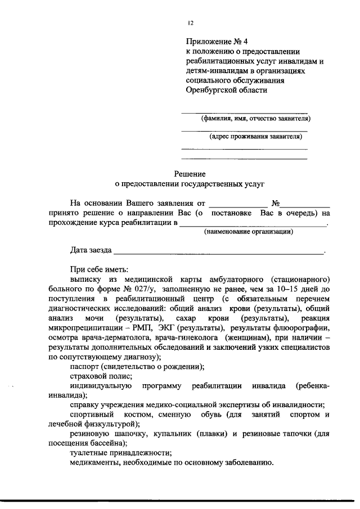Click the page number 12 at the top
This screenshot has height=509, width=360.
pyautogui.click(x=191, y=22)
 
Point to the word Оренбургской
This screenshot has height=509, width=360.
pyautogui.click(x=211, y=89)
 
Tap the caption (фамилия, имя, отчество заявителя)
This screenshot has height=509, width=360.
pyautogui.click(x=255, y=118)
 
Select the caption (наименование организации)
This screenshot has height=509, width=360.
pyautogui.click(x=248, y=232)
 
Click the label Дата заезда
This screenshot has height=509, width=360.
pyautogui.click(x=91, y=249)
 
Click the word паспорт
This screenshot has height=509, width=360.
pyautogui.click(x=85, y=366)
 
